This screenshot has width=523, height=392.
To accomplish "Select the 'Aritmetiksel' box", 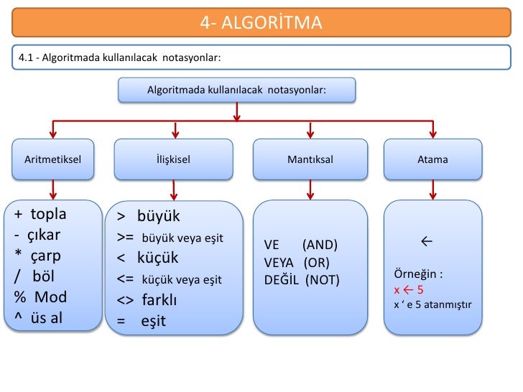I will [53, 159].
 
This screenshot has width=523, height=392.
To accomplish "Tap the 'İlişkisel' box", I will [173, 159].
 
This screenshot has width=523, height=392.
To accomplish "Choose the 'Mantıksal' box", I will [310, 159].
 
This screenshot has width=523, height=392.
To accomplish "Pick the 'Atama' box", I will [432, 159].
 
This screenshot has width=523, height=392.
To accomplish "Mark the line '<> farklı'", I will [147, 299].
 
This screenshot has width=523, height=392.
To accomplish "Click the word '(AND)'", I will [320, 246].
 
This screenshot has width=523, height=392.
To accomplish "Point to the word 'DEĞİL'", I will [282, 279].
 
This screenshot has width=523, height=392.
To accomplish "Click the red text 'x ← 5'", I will [408, 290].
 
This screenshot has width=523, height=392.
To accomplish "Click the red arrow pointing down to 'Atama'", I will [432, 129].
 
